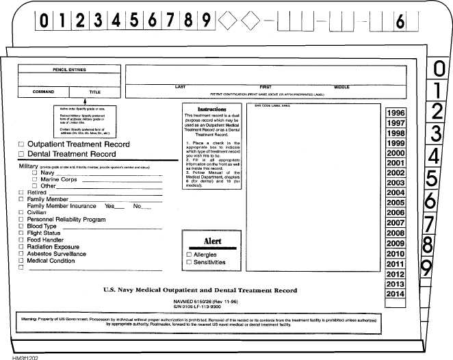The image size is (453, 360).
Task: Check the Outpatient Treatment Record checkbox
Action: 21,144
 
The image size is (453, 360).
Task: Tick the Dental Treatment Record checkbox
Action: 21,155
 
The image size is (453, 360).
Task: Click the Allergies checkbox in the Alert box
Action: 189,255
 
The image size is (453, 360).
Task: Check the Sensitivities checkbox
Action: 189,262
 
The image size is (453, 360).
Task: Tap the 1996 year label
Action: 395,113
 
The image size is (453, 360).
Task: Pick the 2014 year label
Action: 395,293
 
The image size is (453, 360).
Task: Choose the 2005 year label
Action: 395,203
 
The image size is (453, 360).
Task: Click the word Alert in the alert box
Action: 212,241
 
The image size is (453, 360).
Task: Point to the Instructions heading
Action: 211,110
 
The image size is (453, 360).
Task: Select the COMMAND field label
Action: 44,91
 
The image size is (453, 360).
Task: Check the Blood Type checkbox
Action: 21,227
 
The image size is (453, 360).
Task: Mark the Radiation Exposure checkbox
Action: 21,247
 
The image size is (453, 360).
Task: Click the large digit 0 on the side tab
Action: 440,69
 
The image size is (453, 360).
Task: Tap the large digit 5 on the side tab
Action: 432,179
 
